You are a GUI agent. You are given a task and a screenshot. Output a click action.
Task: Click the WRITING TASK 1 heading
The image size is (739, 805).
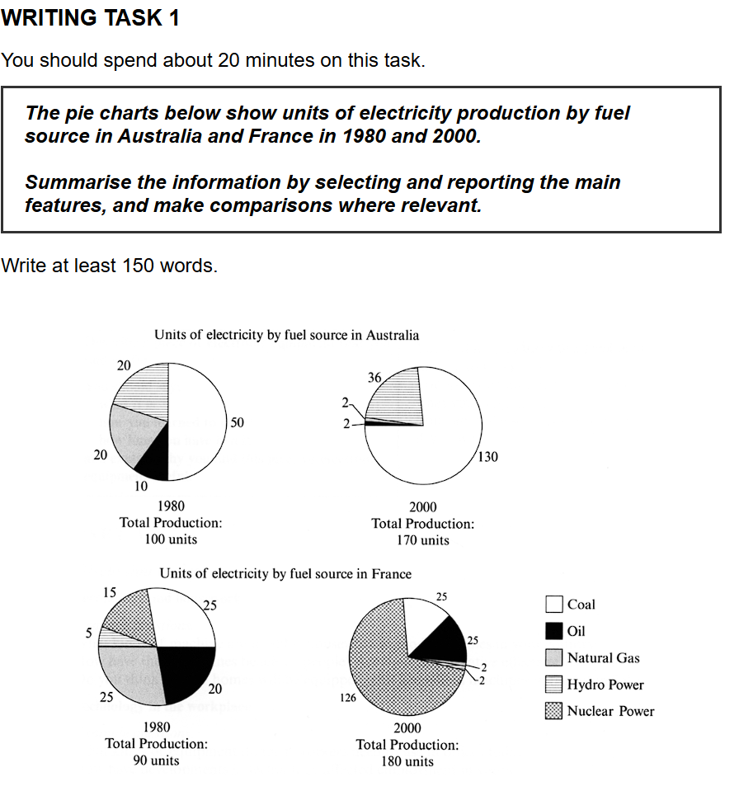90,18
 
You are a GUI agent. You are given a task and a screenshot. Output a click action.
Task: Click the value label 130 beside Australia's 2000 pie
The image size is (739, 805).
487,456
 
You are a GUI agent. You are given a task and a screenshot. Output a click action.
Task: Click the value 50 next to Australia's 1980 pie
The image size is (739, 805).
238,423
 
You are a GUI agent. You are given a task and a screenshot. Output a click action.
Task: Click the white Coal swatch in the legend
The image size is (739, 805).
553,605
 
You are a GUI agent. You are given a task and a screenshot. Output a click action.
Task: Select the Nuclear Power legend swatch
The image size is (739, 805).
553,710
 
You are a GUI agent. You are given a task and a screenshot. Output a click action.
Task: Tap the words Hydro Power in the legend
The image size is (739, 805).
605,685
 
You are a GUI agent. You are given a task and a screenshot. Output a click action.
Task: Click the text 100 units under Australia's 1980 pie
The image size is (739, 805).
172,539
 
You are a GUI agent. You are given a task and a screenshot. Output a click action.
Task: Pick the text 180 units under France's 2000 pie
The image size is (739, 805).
407,761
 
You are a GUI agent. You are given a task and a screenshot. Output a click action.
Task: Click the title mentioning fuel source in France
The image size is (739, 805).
285,572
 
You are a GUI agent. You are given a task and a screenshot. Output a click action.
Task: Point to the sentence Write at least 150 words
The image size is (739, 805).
110,266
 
